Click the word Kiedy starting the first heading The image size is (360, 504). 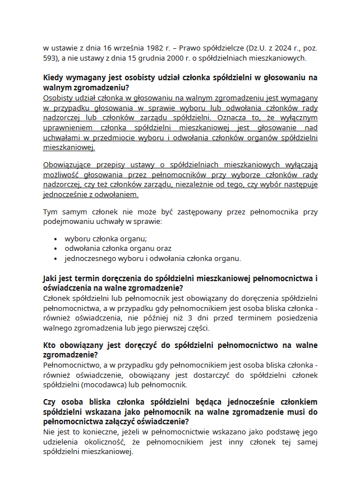tap(54, 78)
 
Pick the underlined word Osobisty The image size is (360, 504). tap(59, 98)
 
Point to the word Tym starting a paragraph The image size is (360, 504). tap(50, 212)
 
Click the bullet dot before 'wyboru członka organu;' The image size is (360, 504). tap(56, 238)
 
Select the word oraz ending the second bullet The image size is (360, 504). tap(163, 248)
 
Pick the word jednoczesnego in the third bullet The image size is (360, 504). tap(91, 258)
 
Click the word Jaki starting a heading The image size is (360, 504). tap(52, 278)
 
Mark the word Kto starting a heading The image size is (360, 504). tap(51, 346)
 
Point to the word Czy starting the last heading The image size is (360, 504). tap(52, 402)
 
